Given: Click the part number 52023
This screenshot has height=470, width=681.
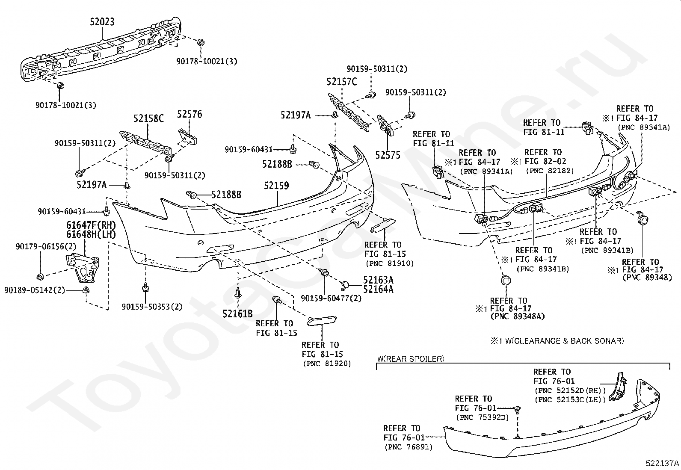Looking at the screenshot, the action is [102, 22].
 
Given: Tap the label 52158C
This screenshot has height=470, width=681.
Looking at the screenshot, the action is [148, 118].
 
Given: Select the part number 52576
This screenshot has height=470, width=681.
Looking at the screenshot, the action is [189, 114].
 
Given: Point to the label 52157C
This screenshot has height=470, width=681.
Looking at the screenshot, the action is [342, 82].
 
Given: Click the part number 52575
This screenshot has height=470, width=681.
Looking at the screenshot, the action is [388, 155].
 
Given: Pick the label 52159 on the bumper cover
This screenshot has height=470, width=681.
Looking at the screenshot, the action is [276, 186].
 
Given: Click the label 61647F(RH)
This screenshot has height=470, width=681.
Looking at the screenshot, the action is [91, 225].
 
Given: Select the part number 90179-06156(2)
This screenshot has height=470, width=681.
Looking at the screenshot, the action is [46, 246].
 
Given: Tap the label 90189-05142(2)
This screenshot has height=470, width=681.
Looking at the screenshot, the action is [35, 290].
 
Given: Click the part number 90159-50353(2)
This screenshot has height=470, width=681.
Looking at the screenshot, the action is [152, 307].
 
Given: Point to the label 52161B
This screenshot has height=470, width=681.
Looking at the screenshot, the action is [237, 314].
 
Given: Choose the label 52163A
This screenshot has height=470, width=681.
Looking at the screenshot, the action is [378, 280].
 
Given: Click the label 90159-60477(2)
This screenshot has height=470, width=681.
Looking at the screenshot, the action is [331, 298].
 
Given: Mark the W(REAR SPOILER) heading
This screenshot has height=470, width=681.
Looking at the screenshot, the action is [410, 359].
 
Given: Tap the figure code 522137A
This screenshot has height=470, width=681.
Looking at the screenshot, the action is [662, 463].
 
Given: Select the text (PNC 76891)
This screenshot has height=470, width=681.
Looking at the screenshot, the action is [408, 447].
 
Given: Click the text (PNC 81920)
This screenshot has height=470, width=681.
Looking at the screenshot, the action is [327, 364].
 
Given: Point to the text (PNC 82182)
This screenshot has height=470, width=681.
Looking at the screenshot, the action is [550, 171].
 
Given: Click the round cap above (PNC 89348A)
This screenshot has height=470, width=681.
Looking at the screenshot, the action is [506, 280].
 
